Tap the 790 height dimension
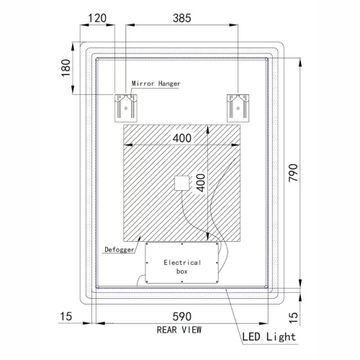pos(294,174)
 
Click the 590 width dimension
pos(183,318)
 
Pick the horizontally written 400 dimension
pos(182,138)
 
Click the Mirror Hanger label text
pos(156,84)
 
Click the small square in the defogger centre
pos(180,184)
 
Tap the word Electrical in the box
pos(182,263)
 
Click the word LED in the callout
pos(253,336)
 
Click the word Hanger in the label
pos(168,84)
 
